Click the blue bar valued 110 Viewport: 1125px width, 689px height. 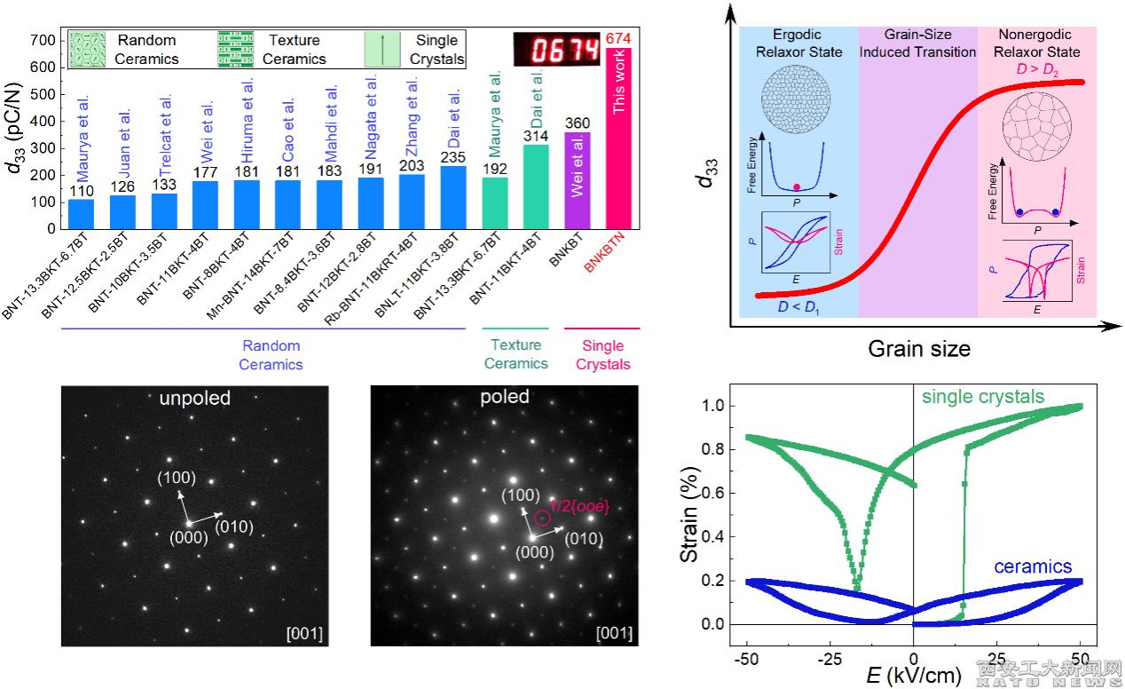[x=81, y=213]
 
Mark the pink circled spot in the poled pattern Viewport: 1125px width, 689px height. [x=543, y=518]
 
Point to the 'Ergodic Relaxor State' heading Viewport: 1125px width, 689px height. [x=799, y=44]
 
